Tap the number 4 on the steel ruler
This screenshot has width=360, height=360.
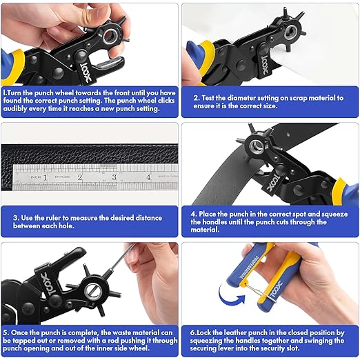pos(148,177)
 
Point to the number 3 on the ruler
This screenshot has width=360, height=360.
pos(114,177)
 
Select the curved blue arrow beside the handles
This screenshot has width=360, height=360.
pos(229,292)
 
